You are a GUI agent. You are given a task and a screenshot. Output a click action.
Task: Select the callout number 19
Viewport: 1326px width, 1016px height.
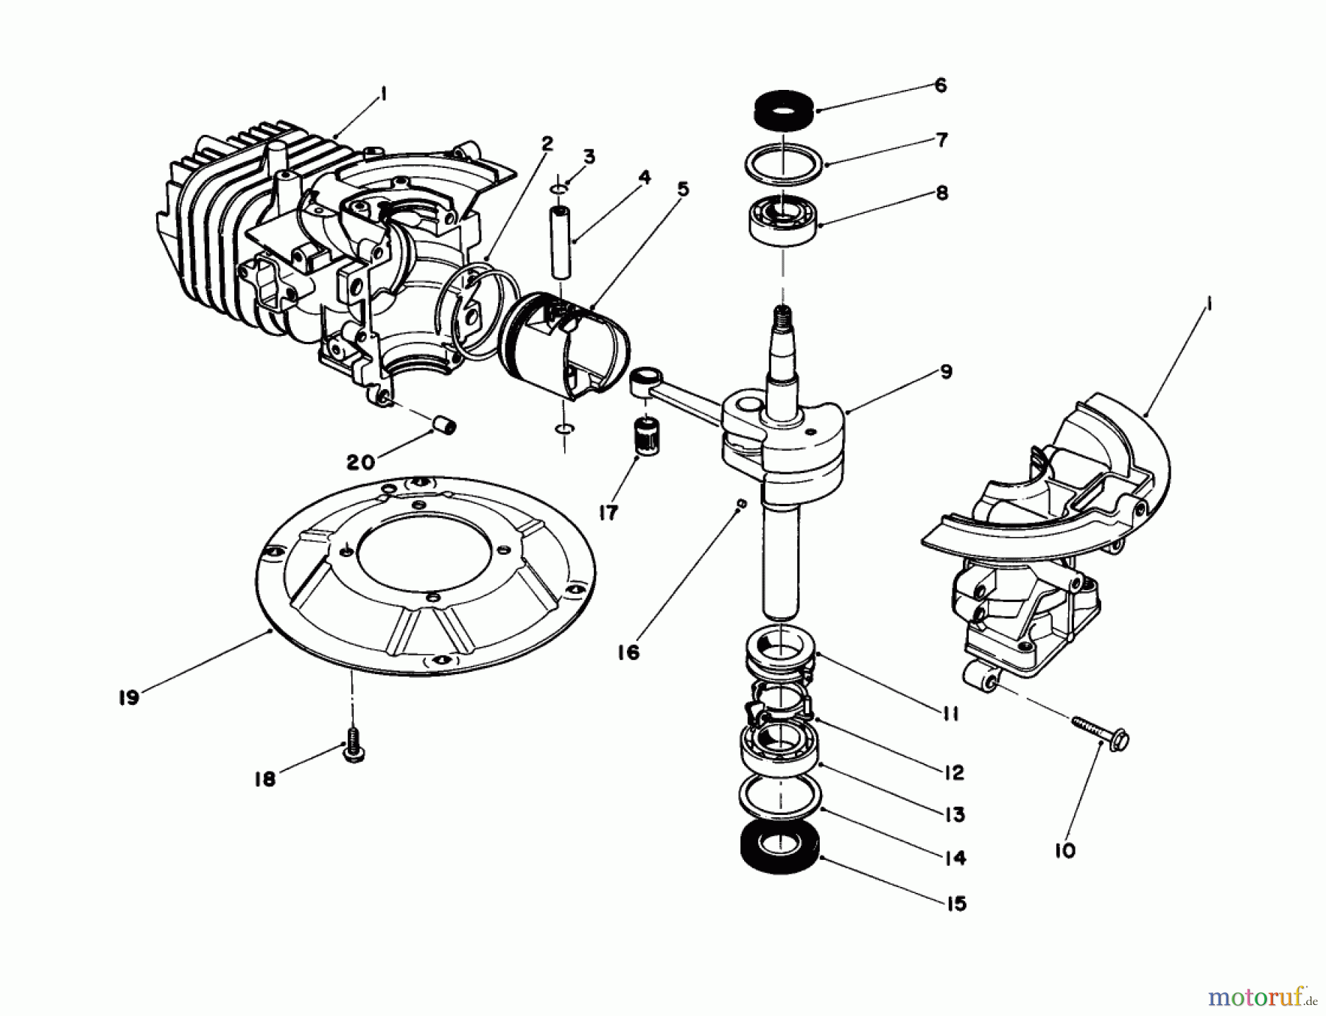[x=129, y=697]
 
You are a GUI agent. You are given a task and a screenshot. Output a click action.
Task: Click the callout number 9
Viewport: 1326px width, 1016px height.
[x=946, y=371]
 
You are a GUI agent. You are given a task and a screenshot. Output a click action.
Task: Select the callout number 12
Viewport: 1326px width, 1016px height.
[x=952, y=771]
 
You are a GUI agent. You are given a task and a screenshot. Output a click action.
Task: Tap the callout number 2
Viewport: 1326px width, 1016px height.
[x=546, y=143]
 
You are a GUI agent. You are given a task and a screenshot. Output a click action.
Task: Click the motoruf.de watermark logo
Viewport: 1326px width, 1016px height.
[x=1260, y=998]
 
